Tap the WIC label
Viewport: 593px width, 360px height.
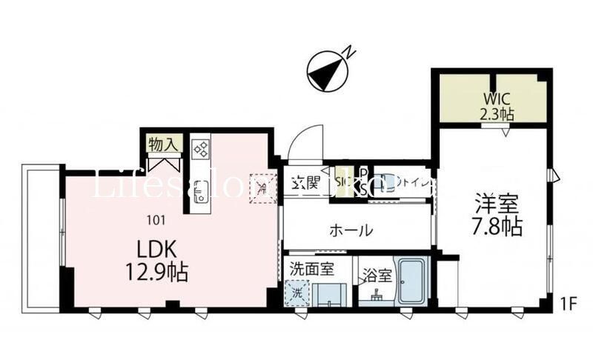tap(496, 99)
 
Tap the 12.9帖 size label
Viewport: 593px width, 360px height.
tap(156, 273)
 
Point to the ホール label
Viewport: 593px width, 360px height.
tap(351, 230)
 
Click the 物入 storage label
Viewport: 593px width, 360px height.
tap(161, 144)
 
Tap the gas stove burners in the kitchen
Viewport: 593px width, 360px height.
tap(201, 149)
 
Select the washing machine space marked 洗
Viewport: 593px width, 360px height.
tap(296, 292)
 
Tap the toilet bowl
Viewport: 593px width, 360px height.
tap(385, 184)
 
